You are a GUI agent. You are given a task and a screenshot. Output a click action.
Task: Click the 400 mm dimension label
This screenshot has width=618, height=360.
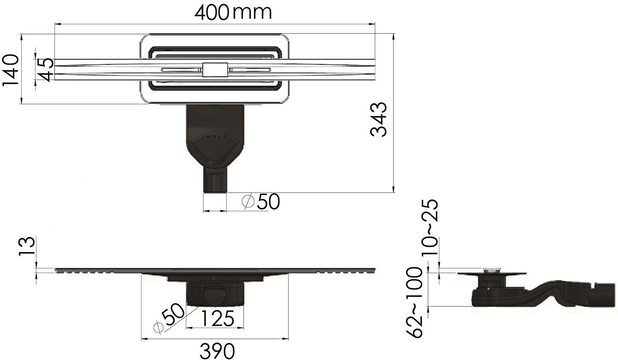coord(233,13)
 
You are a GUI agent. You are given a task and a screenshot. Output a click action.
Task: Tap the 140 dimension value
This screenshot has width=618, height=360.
coord(10,71)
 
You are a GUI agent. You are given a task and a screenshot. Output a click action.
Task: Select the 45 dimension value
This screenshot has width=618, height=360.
coord(44,70)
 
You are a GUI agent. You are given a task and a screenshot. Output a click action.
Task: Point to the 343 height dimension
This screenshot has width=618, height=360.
coord(378,119)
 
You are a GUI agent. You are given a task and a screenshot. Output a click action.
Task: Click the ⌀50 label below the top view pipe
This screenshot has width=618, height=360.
coord(261,201)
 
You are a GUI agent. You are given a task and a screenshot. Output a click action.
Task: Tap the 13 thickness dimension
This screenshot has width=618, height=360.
coord(27,246)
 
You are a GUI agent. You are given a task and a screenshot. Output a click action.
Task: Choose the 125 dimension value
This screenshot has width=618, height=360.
coord(217,318)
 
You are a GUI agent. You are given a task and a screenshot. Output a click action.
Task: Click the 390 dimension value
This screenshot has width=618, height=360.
coord(217,351)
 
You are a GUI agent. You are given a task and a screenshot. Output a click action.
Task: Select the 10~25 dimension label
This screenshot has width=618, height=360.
coord(430,228)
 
